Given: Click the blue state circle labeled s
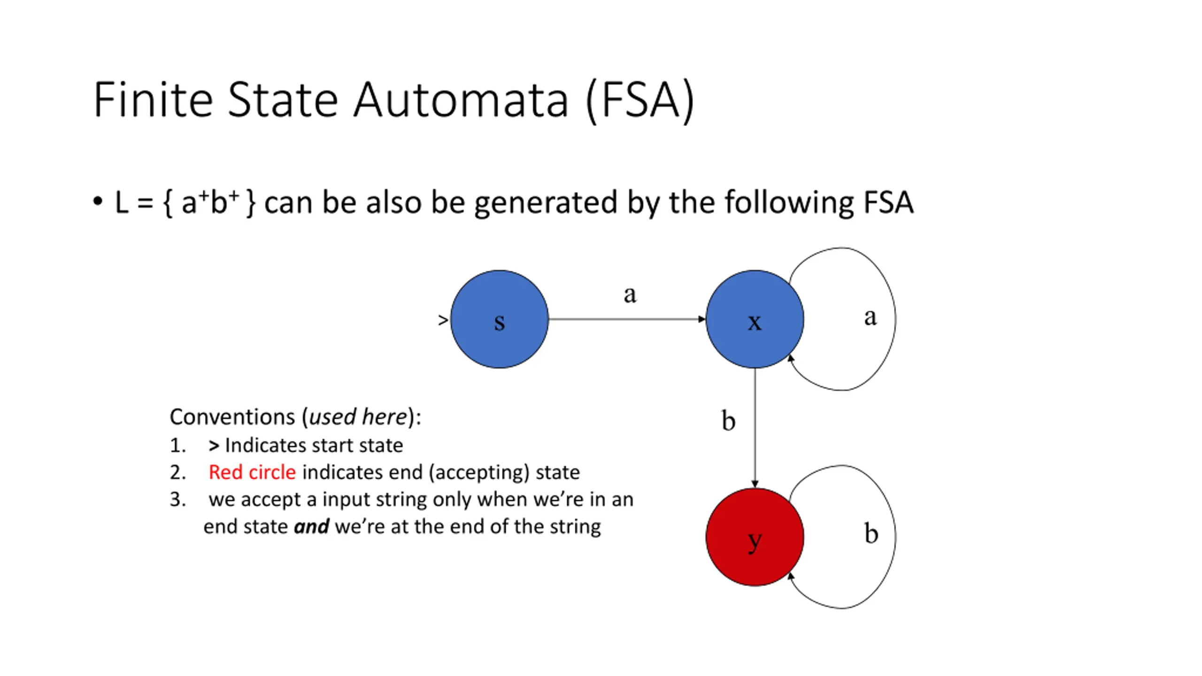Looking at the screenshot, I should click(x=499, y=319).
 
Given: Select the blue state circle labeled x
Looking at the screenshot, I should click(x=755, y=319).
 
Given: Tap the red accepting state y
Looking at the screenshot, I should click(x=755, y=537).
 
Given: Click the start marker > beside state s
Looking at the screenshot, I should click(x=442, y=320).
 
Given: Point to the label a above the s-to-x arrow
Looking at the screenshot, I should click(x=630, y=295).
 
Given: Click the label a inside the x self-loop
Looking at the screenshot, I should click(x=870, y=317).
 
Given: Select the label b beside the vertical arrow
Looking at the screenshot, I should click(x=728, y=421).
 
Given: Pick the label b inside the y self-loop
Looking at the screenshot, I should click(x=871, y=534).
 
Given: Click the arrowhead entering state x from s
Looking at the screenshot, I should click(x=701, y=319).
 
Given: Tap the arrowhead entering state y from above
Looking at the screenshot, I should click(x=755, y=484).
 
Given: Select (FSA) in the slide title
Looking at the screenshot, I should click(x=640, y=100).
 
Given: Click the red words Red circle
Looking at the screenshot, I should click(x=252, y=472).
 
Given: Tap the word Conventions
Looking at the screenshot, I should click(x=232, y=417).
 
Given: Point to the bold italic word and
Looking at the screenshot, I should click(x=311, y=527).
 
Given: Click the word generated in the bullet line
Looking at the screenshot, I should click(x=545, y=203).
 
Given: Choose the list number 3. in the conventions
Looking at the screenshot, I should click(x=177, y=499).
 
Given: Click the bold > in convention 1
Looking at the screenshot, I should click(x=214, y=446).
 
